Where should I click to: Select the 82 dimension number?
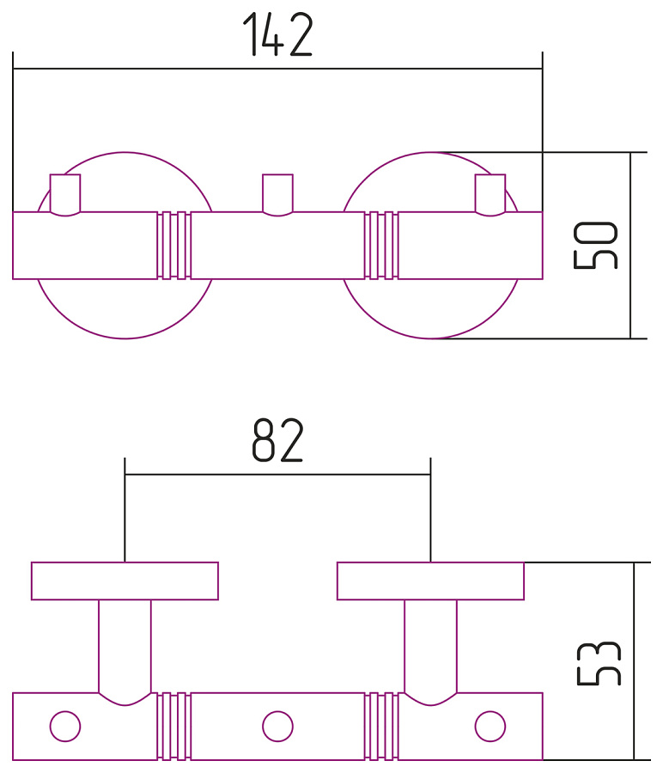(x=277, y=441)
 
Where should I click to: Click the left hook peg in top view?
(x=65, y=195)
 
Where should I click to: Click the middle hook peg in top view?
(x=277, y=195)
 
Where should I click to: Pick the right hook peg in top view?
(x=490, y=195)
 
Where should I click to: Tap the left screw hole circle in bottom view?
(x=65, y=726)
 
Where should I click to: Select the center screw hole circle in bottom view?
(x=277, y=726)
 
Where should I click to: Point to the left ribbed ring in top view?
(x=174, y=246)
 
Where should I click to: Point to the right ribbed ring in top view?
(x=381, y=246)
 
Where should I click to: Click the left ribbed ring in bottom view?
(x=174, y=726)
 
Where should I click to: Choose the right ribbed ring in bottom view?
(x=381, y=726)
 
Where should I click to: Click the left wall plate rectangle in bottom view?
(x=125, y=581)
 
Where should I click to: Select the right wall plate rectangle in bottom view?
(x=430, y=581)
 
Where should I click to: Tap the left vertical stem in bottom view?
(x=125, y=644)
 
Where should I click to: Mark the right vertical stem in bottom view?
(x=430, y=644)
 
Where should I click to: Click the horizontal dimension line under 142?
(x=277, y=68)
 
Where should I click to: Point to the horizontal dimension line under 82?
(x=277, y=473)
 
